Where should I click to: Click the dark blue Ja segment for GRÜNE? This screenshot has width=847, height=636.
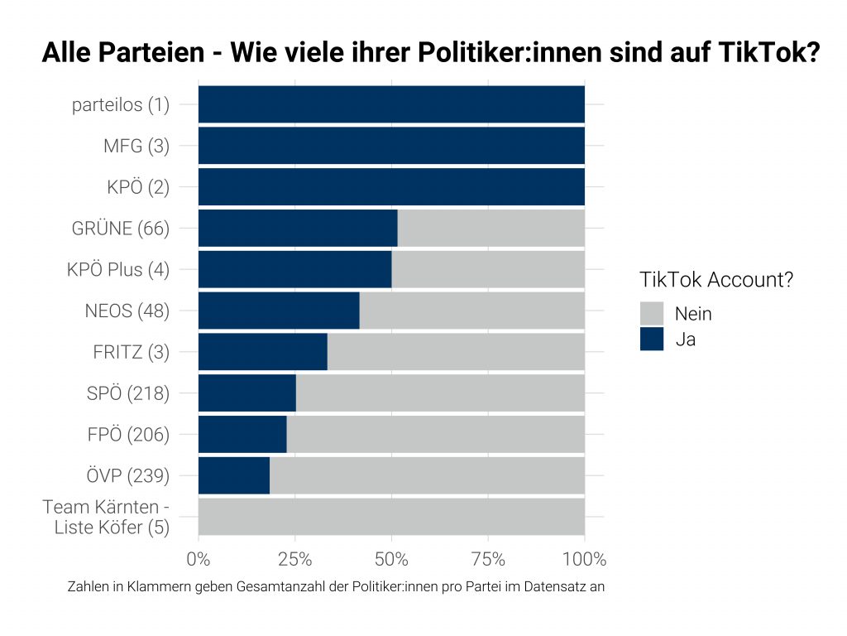point(298,228)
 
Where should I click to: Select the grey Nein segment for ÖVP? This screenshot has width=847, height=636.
point(427,475)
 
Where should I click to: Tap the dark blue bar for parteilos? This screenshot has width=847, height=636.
point(391,104)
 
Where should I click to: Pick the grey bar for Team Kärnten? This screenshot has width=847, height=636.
point(391,517)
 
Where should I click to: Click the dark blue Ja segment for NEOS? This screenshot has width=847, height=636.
point(279,311)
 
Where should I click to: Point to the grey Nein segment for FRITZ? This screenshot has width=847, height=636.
point(456,352)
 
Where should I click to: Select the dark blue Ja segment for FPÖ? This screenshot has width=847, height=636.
point(242,434)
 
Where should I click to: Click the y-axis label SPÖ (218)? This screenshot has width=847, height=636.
point(127,393)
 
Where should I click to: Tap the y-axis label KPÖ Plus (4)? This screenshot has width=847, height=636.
point(117,270)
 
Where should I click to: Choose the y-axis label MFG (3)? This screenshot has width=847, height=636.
point(136,147)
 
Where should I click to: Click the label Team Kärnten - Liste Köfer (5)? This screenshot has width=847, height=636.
point(106,517)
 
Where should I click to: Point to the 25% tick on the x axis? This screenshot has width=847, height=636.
point(295,559)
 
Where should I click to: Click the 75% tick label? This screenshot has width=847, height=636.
point(488,559)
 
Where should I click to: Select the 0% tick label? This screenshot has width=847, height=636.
point(199,559)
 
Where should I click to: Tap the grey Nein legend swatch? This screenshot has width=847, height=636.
point(652,313)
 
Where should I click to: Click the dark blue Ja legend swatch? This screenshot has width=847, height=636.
point(652,339)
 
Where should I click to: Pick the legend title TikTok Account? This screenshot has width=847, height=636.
point(716,280)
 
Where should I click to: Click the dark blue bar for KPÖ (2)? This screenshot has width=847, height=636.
point(391,187)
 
